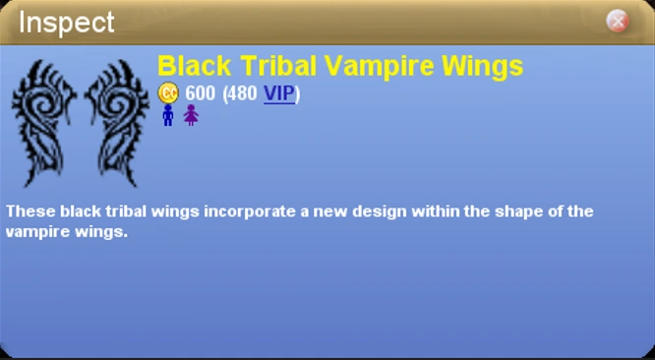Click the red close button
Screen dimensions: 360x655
point(617,21)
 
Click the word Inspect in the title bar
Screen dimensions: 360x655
point(67,22)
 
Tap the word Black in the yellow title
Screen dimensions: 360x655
point(194,66)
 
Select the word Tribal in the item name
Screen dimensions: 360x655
point(276,66)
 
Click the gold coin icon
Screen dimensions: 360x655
point(168,93)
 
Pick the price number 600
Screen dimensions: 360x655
point(201,93)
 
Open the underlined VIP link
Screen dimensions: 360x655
point(278,93)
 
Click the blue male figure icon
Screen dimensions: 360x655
point(168,115)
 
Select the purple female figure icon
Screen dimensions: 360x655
point(191,115)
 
